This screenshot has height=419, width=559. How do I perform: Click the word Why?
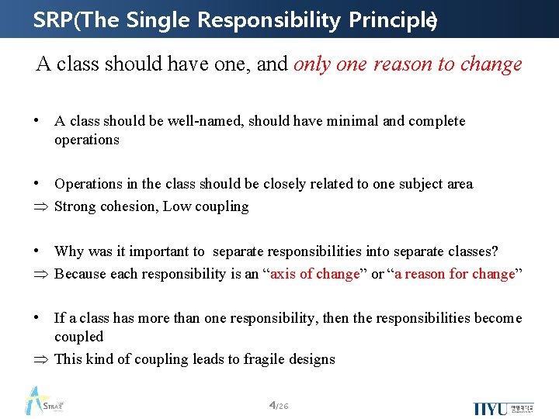[69, 251]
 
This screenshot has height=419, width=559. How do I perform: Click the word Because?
[81, 274]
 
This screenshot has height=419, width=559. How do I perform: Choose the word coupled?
[78, 337]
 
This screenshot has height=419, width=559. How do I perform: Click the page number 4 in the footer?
[272, 405]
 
